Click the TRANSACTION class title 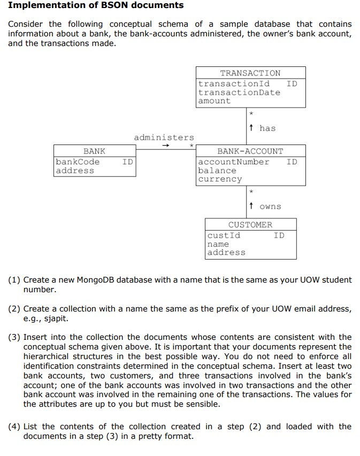point(250,73)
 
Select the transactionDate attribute point(239,92)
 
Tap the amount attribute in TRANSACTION point(214,101)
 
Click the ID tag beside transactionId point(292,83)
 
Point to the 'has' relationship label point(267,128)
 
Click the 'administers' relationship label point(164,138)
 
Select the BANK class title point(94,151)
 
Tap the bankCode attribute point(78,162)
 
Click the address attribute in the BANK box point(74,170)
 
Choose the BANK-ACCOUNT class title point(250,151)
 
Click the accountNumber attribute point(233,162)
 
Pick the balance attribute point(217,170)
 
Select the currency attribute point(219,179)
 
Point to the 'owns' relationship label point(270,207)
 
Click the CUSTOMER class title point(250,225)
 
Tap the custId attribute point(224,235)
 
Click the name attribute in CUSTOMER point(218,244)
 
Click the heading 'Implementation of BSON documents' point(96,5)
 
